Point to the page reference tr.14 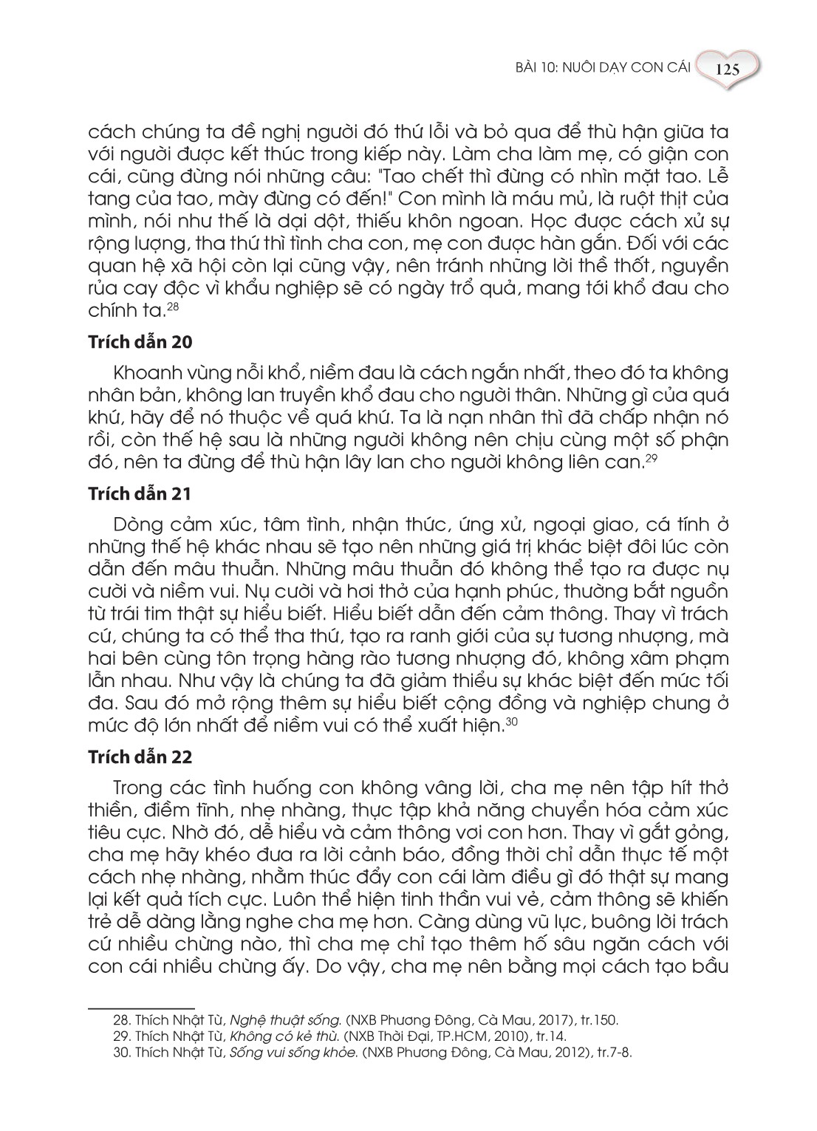click(531, 1033)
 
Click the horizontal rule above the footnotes click(140, 1006)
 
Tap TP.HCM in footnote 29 click(448, 1033)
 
